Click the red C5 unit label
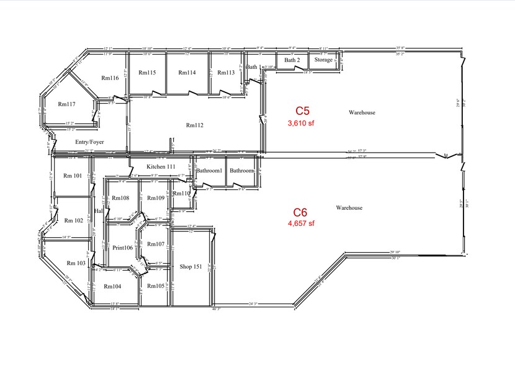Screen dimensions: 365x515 302,111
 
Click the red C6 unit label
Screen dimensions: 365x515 301,212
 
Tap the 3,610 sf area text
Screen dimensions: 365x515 302,123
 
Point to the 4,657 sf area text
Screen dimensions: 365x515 301,223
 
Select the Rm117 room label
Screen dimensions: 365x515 66,104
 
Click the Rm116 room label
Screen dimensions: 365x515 110,78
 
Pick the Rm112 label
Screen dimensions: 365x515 195,125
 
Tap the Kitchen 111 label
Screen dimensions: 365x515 161,168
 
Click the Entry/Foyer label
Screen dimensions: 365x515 89,142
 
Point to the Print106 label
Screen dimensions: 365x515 122,248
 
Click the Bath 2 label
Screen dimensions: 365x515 292,60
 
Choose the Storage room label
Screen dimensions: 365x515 323,60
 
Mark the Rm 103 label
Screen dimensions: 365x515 76,263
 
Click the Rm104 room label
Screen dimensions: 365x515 112,286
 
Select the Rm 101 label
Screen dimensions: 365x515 73,176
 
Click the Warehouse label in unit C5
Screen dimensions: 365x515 362,112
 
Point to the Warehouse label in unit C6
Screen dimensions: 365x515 349,207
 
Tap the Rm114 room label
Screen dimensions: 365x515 187,73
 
